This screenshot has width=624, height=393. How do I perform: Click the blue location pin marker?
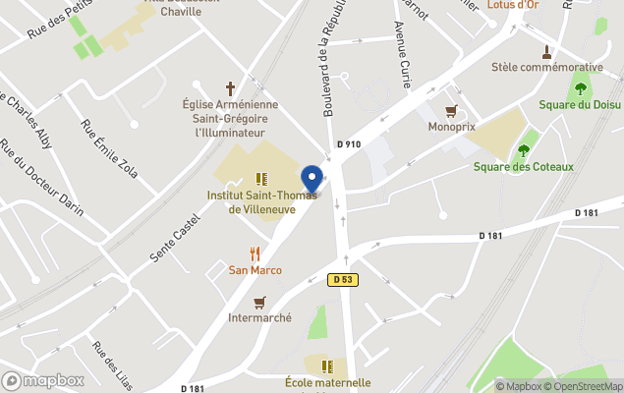[312, 180]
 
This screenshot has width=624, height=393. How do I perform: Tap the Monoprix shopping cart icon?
[452, 111]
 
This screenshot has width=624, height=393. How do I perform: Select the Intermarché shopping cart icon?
[259, 302]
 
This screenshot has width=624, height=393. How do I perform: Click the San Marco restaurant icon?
[255, 253]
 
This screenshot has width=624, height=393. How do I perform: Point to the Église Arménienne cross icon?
[231, 87]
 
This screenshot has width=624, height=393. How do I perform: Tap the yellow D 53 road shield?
[341, 280]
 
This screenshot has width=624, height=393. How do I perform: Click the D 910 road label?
[349, 144]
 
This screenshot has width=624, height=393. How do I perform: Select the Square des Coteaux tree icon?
[523, 149]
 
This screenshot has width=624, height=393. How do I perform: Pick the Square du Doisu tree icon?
[580, 88]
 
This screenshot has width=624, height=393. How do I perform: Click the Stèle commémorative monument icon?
[546, 51]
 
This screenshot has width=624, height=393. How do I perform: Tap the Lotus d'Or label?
[513, 5]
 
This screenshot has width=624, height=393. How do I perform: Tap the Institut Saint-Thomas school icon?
[261, 179]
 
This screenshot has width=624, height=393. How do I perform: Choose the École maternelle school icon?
[327, 365]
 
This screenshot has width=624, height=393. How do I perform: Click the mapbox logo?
[43, 380]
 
